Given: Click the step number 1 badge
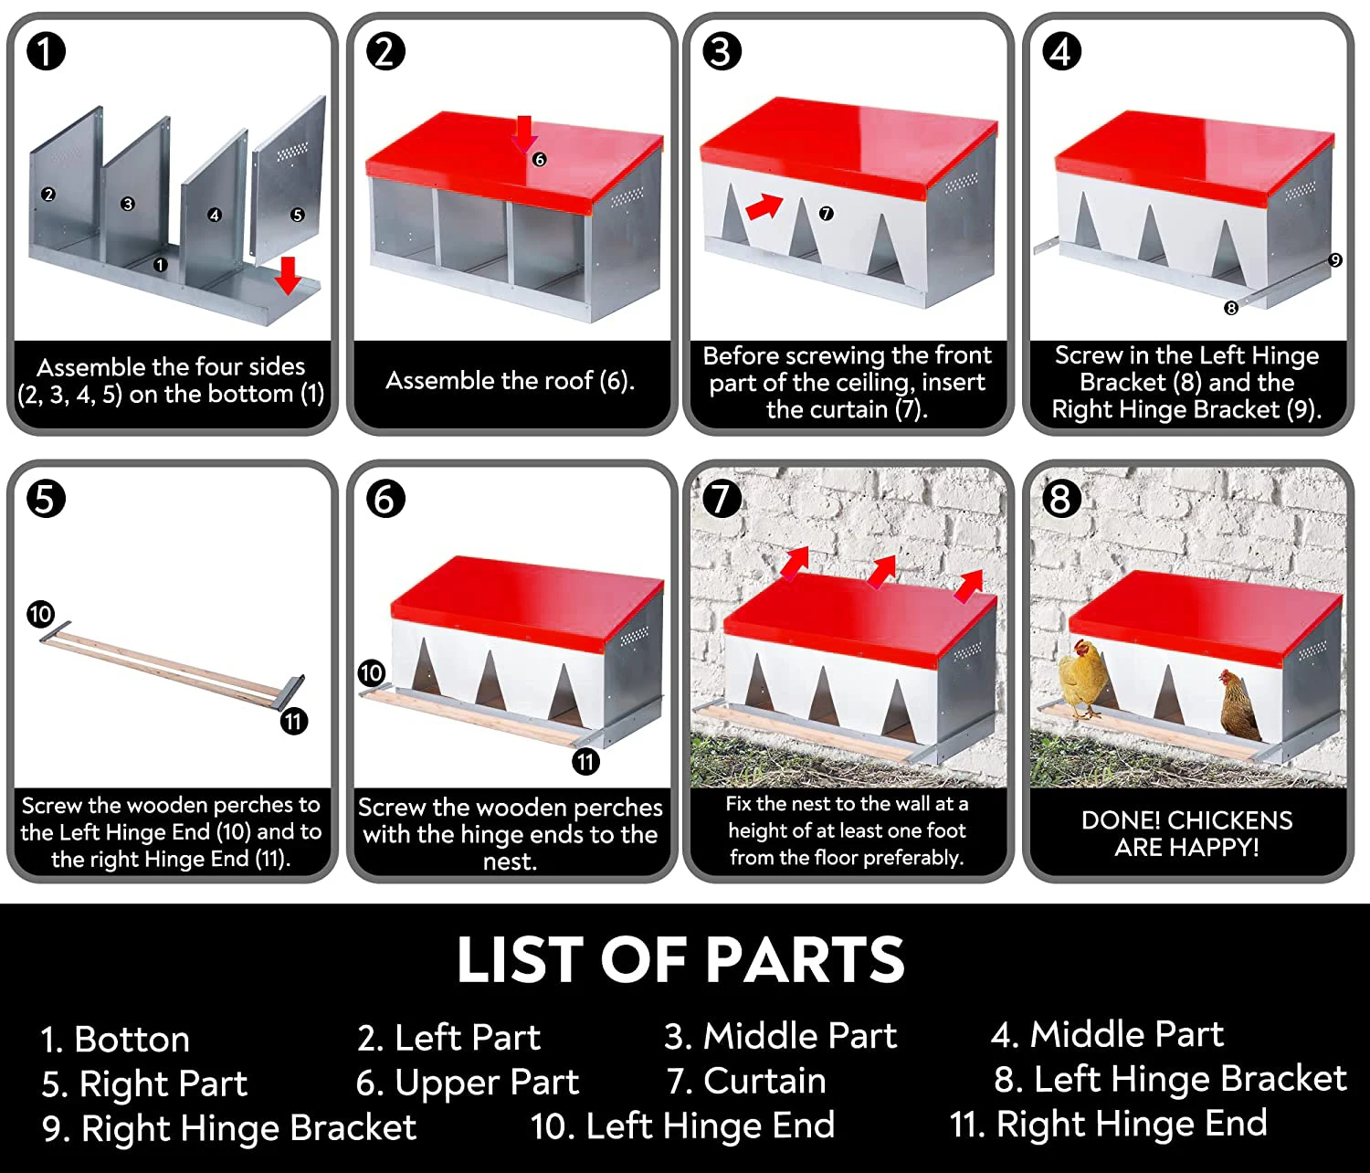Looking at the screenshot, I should coord(46,51).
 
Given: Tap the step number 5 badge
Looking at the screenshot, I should coord(46,499).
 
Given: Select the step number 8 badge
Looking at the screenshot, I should coord(1060,499).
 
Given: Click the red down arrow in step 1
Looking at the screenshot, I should coord(289,275).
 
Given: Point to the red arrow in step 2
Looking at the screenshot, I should coord(524,132).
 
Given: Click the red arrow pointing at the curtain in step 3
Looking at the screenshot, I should coord(764,206).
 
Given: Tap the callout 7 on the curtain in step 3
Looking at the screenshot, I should coord(826,214).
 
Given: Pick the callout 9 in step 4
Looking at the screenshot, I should coord(1335,260).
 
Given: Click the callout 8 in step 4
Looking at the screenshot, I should coord(1231,309).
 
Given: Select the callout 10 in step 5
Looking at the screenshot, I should coord(40,614).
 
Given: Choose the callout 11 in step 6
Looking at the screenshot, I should coord(585,761).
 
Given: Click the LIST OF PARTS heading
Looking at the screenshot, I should coord(680,960).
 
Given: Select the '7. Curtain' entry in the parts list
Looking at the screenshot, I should coord(746,1081).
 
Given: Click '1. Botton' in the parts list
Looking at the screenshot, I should coord(115,1040).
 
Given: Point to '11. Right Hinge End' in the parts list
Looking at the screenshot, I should coord(1108,1124).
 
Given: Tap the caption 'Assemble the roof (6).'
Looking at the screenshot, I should coord(510,380).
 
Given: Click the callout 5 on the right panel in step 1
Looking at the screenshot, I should coord(297,216).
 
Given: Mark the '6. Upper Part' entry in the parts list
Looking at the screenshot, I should coord(467,1083).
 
